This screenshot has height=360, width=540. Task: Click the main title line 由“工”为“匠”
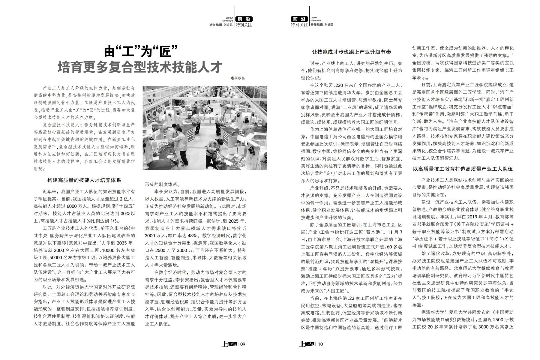[141, 51]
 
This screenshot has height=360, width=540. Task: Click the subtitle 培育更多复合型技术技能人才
[140, 67]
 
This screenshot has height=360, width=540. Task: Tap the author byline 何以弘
[239, 78]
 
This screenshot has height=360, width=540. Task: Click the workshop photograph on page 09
[205, 128]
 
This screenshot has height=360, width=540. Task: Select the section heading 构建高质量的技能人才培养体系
[84, 180]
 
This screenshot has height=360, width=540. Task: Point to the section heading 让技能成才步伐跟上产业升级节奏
[351, 52]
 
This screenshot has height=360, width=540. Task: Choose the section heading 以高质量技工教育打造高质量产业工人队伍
[463, 169]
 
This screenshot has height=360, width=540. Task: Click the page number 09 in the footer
[243, 344]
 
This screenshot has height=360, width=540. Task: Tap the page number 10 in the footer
[320, 344]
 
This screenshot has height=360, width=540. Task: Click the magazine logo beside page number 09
[229, 344]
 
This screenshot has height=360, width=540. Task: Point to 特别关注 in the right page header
[299, 25]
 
